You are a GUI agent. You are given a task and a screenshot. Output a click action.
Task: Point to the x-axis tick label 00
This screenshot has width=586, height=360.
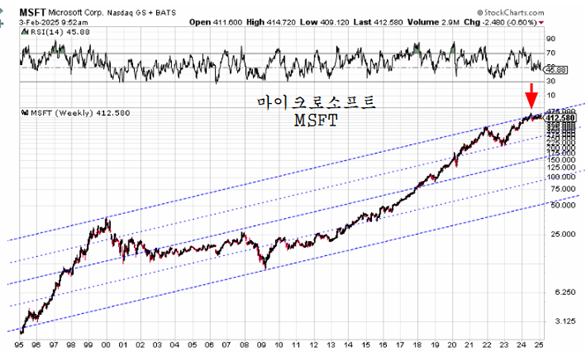click(105, 347)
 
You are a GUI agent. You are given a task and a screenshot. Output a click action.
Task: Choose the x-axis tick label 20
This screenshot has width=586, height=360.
click(452, 347)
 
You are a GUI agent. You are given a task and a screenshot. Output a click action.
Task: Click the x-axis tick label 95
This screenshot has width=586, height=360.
click(19, 347)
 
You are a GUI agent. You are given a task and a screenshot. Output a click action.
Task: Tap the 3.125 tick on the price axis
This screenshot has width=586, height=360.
click(560, 321)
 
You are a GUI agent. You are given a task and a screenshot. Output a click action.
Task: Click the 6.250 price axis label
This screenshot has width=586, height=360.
click(560, 293)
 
